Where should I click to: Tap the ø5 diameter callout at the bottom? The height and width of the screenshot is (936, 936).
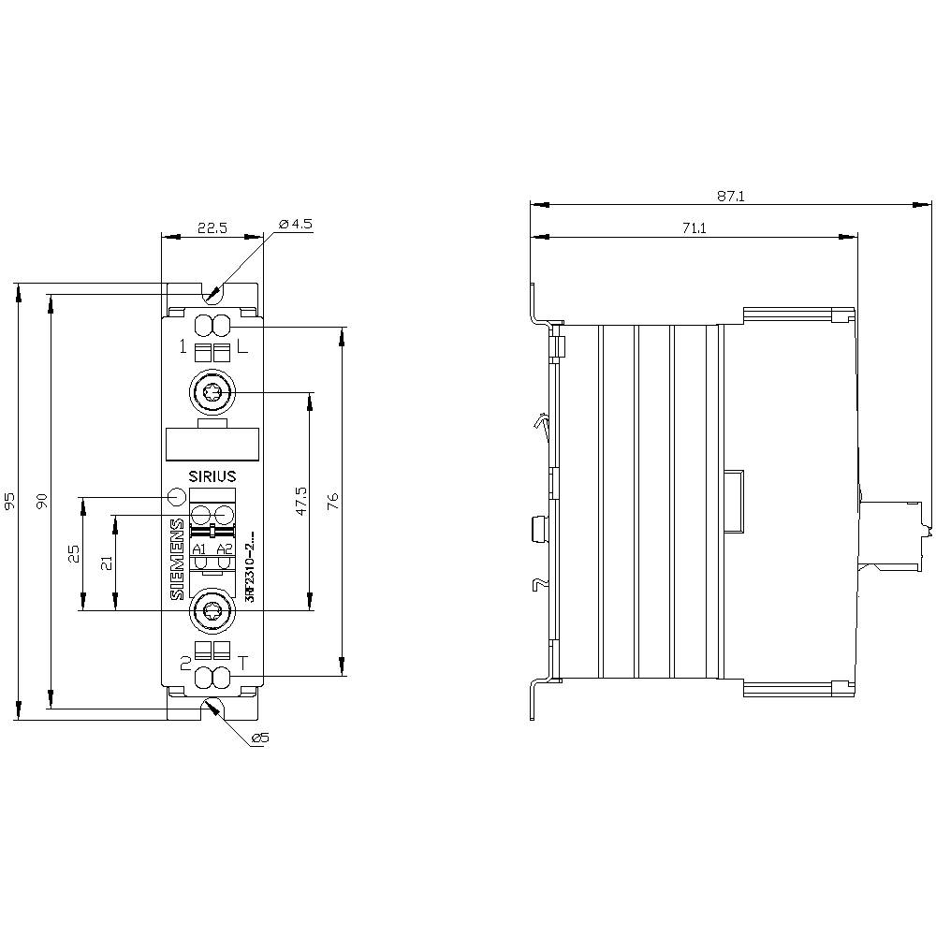(x=260, y=739)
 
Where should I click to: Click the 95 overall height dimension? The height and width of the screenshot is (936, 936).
(x=10, y=501)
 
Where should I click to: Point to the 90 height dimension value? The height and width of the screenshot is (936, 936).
(x=41, y=501)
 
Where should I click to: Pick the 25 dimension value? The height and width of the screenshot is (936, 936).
(x=75, y=553)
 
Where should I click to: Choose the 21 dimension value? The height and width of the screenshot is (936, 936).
(x=106, y=562)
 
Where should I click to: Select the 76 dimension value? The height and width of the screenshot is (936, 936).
(x=333, y=501)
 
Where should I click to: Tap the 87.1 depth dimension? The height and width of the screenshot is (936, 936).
(x=730, y=197)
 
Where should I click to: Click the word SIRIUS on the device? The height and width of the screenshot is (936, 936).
(x=212, y=475)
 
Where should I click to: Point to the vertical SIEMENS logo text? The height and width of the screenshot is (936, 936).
(x=177, y=560)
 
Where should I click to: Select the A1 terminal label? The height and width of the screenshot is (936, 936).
(x=199, y=548)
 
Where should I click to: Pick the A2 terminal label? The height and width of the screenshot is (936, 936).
(x=223, y=548)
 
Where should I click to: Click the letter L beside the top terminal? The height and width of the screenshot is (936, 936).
(x=242, y=348)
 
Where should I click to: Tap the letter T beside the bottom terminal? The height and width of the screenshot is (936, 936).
(x=243, y=663)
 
